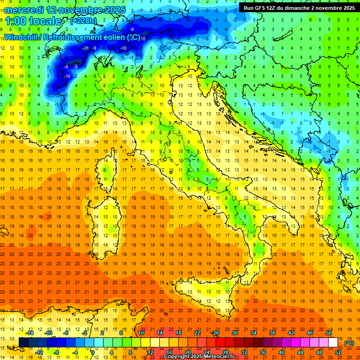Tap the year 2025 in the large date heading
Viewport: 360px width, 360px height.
tap(105, 9)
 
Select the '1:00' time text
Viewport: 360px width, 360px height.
tap(16, 21)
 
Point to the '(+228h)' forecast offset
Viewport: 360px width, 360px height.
tap(83, 21)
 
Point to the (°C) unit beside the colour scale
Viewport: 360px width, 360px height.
tap(349, 343)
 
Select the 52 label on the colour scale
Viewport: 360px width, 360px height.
tap(338, 352)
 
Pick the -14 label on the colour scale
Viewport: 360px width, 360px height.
tap(30, 332)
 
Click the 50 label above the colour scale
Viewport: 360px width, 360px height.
tap(329, 332)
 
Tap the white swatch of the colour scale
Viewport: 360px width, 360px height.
tap(333, 342)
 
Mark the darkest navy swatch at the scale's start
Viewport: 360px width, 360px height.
tap(23, 342)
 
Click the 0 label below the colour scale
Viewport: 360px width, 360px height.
tap(93, 352)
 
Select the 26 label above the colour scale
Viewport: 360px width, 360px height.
tap(216, 332)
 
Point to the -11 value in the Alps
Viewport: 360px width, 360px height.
tap(86, 48)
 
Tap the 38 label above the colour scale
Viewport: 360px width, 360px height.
tap(272, 332)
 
